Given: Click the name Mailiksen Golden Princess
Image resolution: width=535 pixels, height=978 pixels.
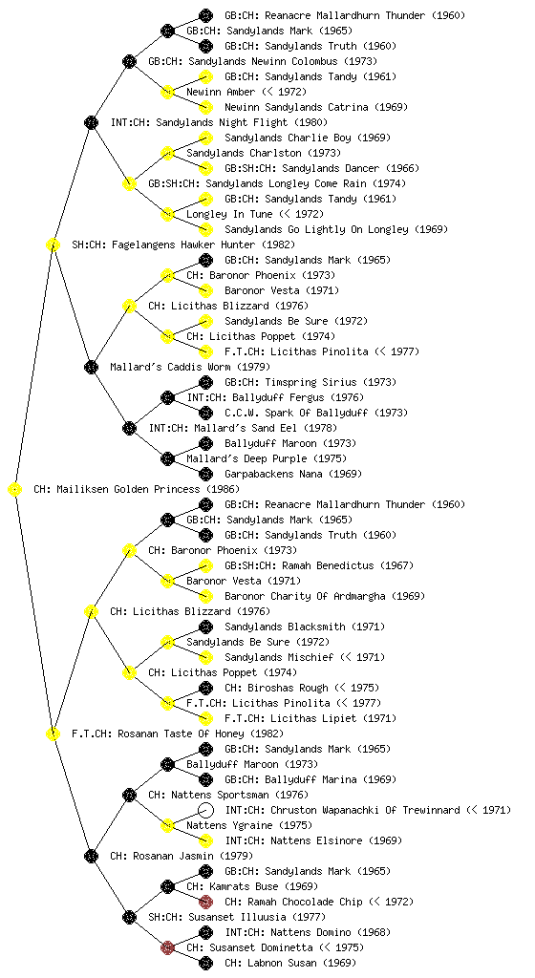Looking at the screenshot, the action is coord(127,490).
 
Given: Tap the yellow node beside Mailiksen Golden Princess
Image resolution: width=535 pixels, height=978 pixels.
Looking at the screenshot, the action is coord(15,490).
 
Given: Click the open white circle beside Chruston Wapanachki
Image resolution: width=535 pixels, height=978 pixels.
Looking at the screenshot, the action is coord(205,810).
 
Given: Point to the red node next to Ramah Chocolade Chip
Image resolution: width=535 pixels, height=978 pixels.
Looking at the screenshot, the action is coord(205,902).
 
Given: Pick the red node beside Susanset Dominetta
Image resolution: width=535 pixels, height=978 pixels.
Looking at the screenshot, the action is coord(167,948).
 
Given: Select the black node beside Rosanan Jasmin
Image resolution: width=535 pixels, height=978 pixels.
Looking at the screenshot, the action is coord(91,856).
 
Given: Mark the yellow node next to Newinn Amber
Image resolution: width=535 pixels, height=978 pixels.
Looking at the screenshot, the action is coord(167,93).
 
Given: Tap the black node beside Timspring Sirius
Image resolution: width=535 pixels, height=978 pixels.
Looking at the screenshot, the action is coord(205,382).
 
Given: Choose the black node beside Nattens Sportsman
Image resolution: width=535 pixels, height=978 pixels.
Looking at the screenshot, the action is coord(129,795).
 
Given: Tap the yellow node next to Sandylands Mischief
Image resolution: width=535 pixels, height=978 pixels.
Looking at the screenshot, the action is coord(205,657).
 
